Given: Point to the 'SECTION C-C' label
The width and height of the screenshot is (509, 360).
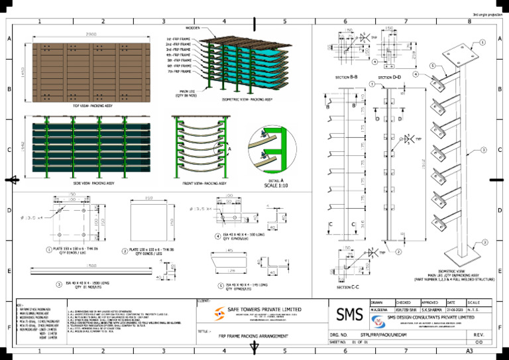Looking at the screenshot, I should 349,287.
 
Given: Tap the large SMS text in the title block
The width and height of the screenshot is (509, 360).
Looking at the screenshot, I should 349,315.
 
